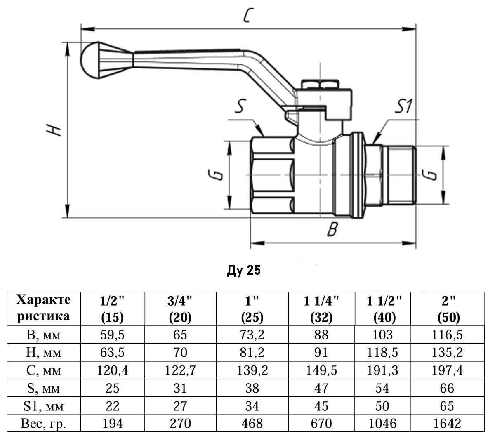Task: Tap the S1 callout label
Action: [x=403, y=106]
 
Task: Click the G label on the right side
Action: [x=431, y=174]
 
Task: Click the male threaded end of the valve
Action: [x=400, y=175]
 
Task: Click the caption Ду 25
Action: [x=244, y=271]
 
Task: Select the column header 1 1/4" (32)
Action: [x=321, y=309]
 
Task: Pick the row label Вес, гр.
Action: [x=43, y=424]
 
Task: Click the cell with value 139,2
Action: [x=252, y=370]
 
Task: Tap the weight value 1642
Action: [x=447, y=424]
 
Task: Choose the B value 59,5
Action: [x=112, y=335]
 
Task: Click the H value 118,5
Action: [x=382, y=353]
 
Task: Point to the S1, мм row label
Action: [x=43, y=406]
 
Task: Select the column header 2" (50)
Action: [x=447, y=309]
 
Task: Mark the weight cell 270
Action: [x=180, y=424]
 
